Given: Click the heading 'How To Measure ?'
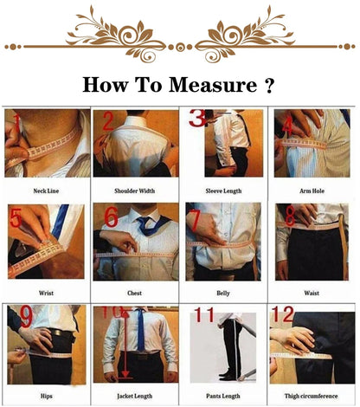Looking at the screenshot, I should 179,86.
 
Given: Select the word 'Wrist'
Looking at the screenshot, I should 46,293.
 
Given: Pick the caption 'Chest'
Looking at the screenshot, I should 135,293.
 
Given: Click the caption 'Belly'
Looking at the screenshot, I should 223,293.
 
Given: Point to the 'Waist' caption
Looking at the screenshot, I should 312,293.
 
